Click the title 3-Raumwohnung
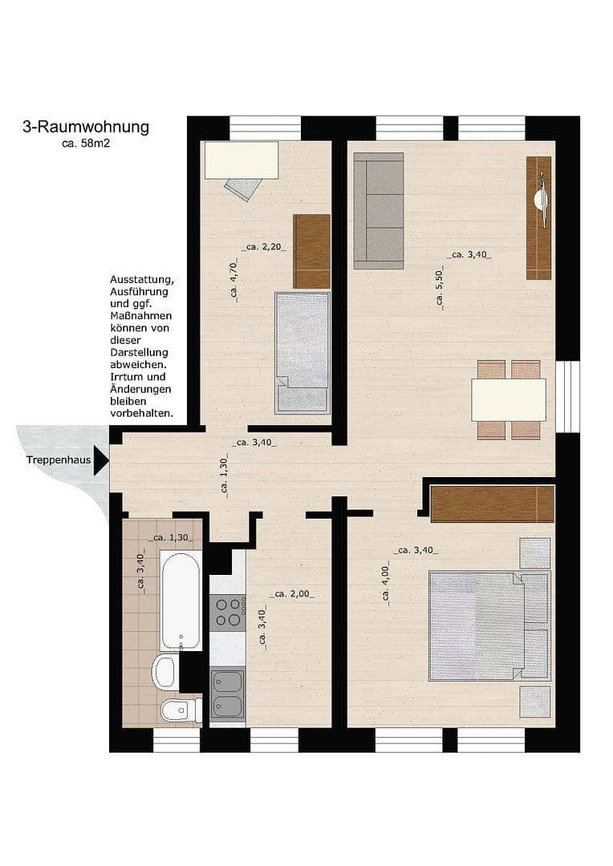click(x=86, y=127)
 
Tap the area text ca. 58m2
click(x=86, y=144)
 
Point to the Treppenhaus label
click(x=57, y=460)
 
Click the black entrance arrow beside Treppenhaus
click(x=100, y=460)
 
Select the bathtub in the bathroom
click(x=180, y=599)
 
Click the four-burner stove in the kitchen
click(x=228, y=613)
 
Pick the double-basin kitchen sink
click(x=228, y=694)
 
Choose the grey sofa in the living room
click(x=379, y=210)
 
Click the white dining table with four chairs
click(x=509, y=399)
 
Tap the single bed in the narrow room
click(x=302, y=353)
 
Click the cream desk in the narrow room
click(x=242, y=160)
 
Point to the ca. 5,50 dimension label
click(x=440, y=288)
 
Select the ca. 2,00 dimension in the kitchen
click(x=292, y=594)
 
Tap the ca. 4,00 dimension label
click(x=386, y=584)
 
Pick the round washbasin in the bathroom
click(x=166, y=672)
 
